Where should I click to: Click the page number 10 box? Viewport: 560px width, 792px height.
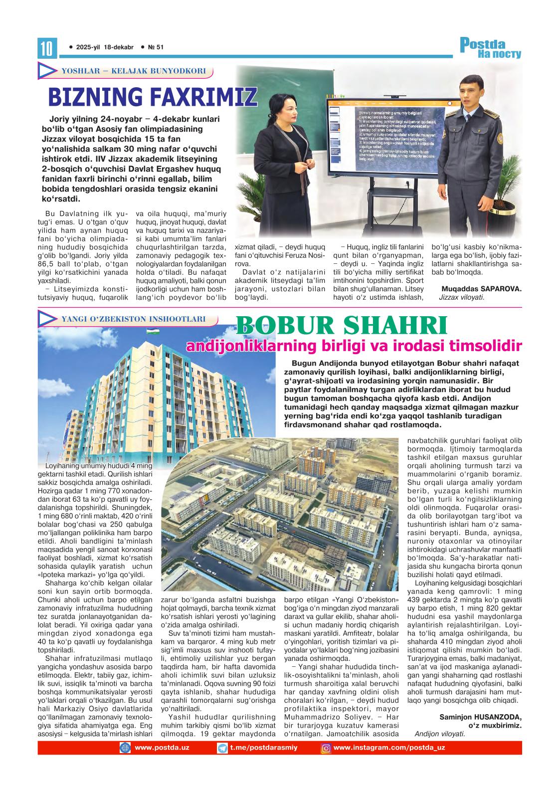click(x=47, y=48)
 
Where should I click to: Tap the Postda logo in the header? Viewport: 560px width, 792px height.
click(x=490, y=48)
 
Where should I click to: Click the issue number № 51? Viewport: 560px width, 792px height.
click(x=156, y=47)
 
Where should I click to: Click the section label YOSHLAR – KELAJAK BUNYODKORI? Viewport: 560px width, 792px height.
click(x=133, y=71)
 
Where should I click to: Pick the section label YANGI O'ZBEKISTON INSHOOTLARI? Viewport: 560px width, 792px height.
click(x=133, y=319)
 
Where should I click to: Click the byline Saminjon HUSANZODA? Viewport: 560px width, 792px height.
click(x=480, y=717)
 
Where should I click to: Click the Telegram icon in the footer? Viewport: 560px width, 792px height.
click(x=222, y=748)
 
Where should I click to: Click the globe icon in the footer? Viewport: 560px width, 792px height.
click(x=125, y=748)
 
